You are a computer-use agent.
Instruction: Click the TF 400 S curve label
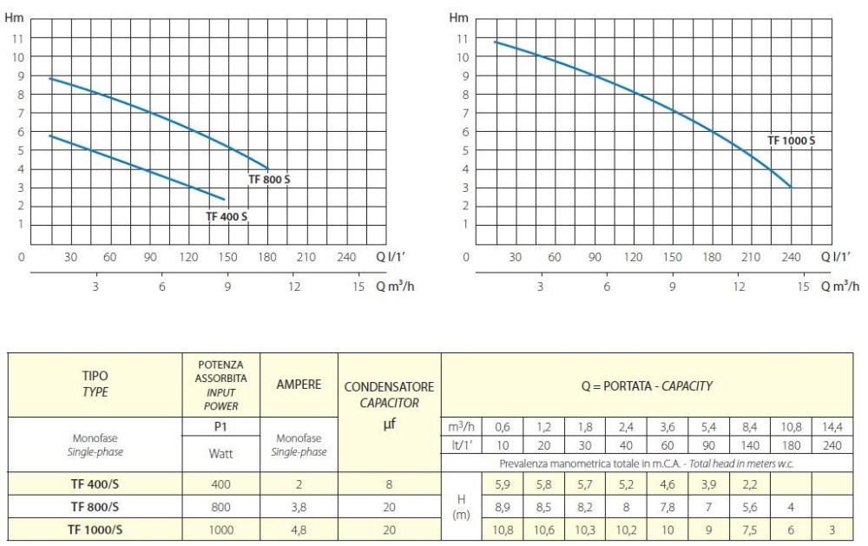click(227, 216)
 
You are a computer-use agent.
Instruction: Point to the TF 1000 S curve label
click(791, 141)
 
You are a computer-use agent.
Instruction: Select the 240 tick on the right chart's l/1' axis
click(791, 257)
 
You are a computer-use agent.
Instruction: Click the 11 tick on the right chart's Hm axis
click(462, 38)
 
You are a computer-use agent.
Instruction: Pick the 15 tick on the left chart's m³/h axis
click(359, 286)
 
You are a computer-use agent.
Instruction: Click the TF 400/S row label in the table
click(95, 484)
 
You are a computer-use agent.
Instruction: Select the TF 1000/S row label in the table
click(95, 529)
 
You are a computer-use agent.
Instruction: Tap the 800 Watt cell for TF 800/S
click(220, 506)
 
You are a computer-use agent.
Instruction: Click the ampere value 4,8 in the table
click(298, 529)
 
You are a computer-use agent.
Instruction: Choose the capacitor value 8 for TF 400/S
click(389, 484)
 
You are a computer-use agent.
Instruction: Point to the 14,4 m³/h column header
click(832, 427)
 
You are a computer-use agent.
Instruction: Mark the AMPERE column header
click(298, 384)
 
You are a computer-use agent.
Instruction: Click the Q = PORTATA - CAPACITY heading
click(648, 385)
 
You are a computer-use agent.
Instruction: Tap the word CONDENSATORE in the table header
click(389, 386)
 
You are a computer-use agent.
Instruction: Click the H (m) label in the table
click(462, 506)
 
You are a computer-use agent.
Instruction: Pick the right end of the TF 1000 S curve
click(791, 187)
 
